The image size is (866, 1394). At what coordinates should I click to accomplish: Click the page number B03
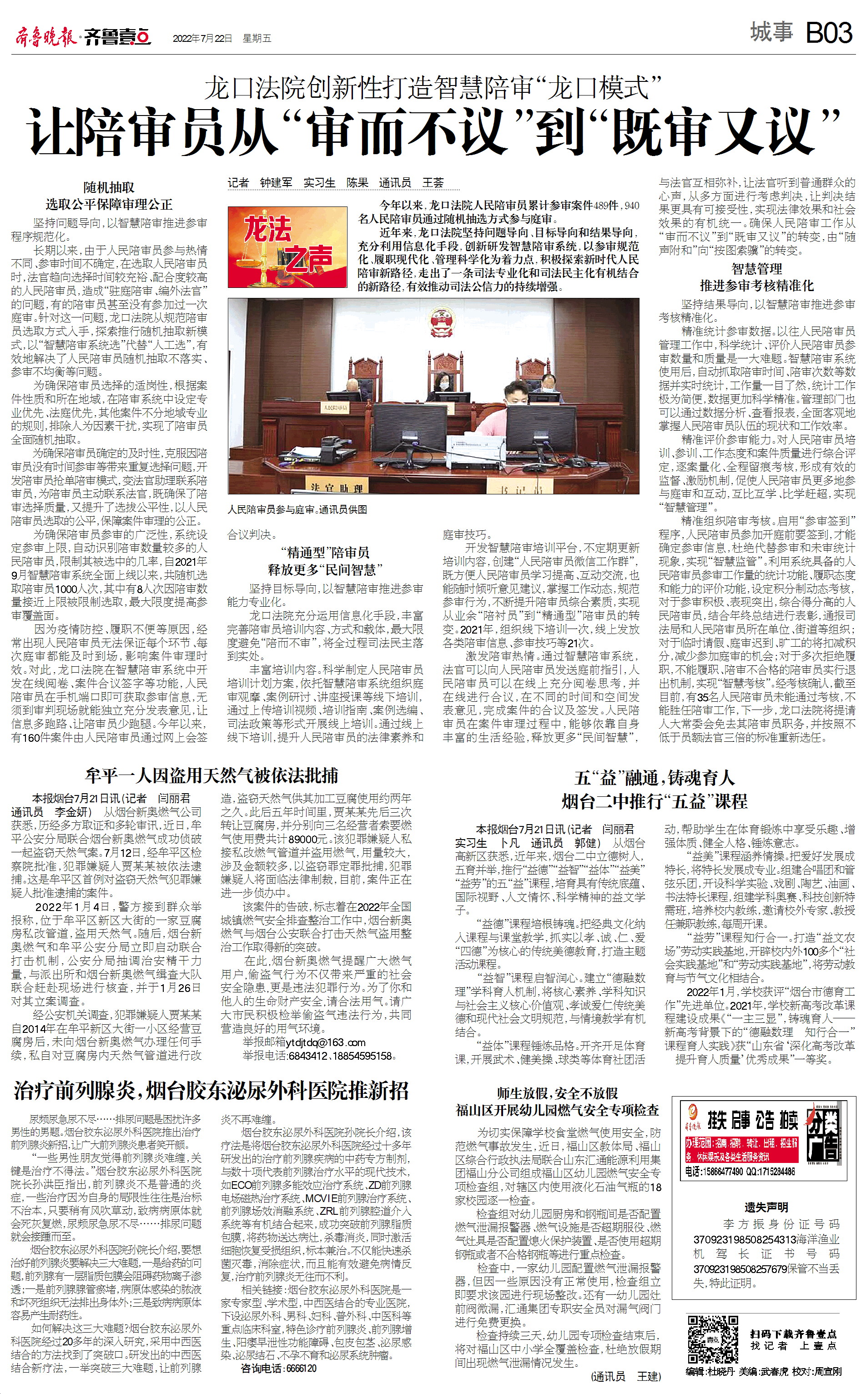(829, 33)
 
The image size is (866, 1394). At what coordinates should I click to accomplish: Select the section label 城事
(771, 33)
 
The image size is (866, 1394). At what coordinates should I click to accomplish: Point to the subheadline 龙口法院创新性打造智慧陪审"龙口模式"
(433, 88)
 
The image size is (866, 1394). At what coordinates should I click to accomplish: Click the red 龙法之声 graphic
(287, 246)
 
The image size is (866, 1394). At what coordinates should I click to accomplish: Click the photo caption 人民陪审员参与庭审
(297, 509)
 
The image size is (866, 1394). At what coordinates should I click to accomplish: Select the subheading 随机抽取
(109, 187)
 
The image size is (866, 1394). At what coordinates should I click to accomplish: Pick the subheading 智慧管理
(756, 269)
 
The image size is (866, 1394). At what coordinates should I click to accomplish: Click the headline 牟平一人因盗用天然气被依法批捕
(211, 775)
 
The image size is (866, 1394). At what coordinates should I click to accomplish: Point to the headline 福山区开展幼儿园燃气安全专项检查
(557, 1110)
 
